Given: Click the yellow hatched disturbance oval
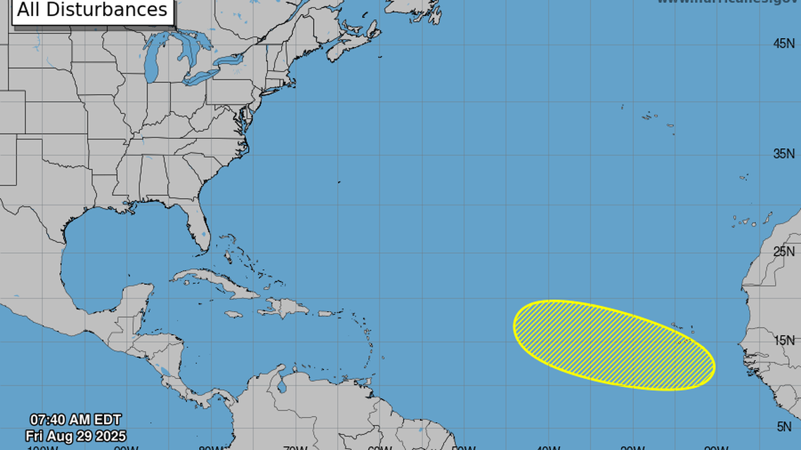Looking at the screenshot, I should pos(613,344).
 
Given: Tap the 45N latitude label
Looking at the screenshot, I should pos(783,44).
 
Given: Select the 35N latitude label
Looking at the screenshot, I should pos(783,154).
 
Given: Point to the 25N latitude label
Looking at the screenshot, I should pos(783,251).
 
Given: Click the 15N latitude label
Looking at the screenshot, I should pos(783,340).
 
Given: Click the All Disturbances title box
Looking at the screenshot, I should pos(93,11).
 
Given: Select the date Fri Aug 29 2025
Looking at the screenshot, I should pos(76,436).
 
